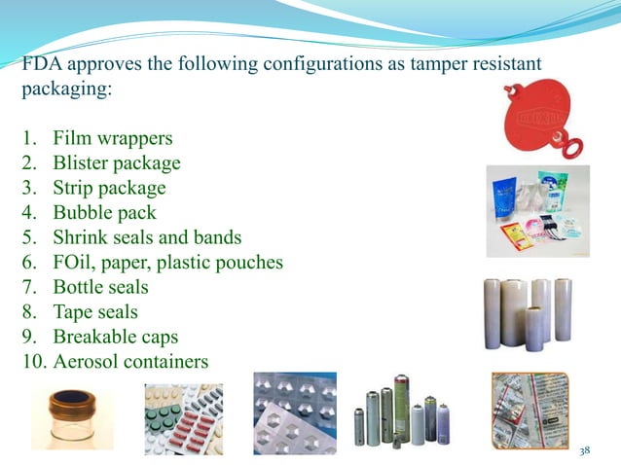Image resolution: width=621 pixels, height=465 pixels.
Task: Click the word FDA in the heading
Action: click(x=40, y=64)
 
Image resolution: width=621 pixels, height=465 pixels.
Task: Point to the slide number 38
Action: click(x=585, y=450)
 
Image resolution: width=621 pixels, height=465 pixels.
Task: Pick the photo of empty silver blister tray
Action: click(x=294, y=412)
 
